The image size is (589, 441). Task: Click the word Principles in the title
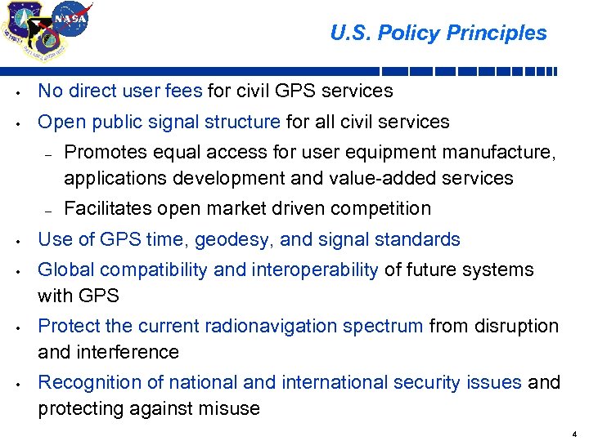502,33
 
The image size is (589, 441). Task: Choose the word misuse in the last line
232,409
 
